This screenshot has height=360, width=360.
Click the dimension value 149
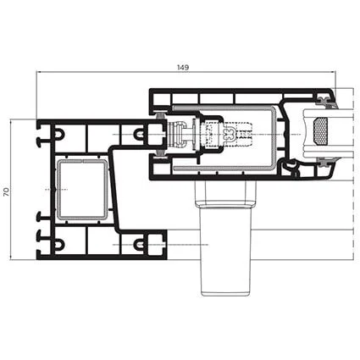(183, 68)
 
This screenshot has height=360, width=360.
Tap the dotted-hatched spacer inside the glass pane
(320, 129)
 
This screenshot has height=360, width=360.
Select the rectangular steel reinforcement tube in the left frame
(82, 190)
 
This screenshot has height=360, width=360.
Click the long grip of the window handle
(225, 252)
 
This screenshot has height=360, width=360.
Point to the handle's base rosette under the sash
(225, 194)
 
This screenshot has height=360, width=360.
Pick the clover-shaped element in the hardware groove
(230, 134)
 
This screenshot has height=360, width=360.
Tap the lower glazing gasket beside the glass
(326, 162)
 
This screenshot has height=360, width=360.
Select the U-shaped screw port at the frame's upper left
(58, 134)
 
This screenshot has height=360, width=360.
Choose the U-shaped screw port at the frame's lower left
(58, 244)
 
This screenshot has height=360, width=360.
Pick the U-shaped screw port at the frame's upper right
(139, 134)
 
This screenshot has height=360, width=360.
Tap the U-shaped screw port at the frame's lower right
(139, 244)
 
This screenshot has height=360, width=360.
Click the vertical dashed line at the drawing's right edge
(353, 174)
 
